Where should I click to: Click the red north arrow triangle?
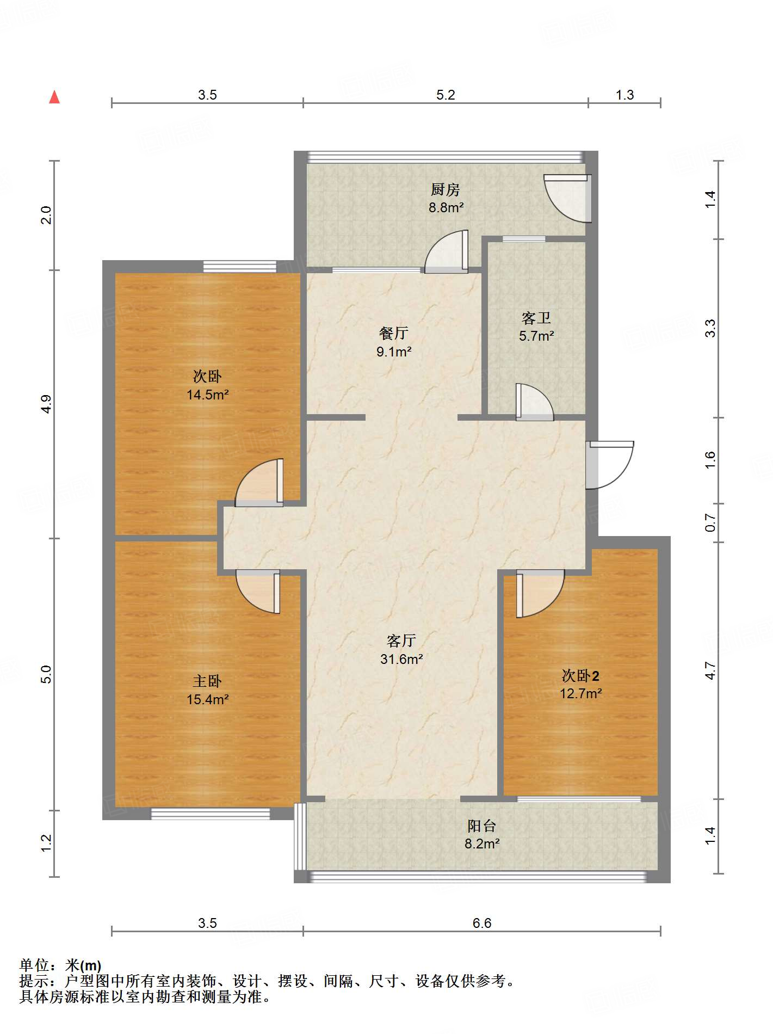(54, 97)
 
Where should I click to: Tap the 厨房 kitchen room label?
(446, 189)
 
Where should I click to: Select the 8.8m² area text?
(446, 207)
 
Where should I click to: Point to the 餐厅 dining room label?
(394, 333)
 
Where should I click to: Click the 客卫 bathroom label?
(536, 318)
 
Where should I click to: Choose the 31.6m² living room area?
(401, 659)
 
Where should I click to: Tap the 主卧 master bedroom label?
(207, 681)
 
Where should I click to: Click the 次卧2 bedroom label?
(580, 676)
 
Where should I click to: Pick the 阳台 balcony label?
(482, 826)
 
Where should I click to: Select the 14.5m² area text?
(207, 395)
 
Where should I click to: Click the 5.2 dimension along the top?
(446, 95)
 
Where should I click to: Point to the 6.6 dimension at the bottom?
(482, 923)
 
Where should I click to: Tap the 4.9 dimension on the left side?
(47, 404)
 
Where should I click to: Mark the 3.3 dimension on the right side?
(710, 328)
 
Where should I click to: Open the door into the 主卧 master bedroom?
(258, 592)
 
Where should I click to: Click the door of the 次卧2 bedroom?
(540, 594)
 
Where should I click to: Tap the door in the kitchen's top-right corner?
(567, 198)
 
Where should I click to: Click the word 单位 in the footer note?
(34, 965)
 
